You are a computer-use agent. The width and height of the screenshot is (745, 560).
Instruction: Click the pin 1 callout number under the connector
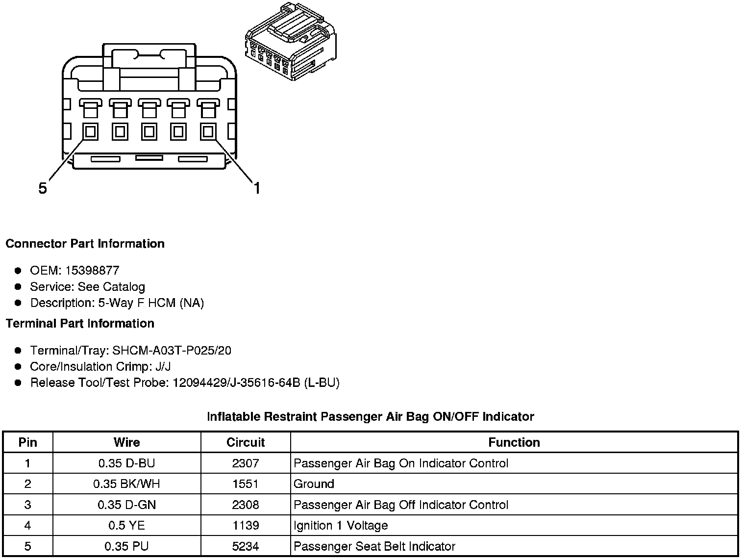tap(256, 188)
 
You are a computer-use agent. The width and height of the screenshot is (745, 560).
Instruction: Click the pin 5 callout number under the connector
tap(43, 188)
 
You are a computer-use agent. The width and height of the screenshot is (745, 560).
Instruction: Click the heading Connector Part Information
tap(85, 244)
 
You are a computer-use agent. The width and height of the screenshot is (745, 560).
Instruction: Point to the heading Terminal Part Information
tap(80, 324)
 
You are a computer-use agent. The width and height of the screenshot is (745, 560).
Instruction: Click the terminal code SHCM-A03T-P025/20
tap(172, 351)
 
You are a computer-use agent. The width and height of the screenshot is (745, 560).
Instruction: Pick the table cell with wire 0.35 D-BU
tap(126, 463)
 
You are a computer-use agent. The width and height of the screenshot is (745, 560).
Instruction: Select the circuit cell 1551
tap(245, 484)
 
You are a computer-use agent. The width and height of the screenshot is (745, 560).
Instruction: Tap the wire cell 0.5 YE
tap(126, 526)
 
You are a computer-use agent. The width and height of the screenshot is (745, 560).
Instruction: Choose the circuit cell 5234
tap(245, 546)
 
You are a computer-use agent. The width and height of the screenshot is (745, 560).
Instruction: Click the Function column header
tap(514, 442)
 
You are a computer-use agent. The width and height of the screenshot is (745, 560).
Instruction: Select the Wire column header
tap(126, 442)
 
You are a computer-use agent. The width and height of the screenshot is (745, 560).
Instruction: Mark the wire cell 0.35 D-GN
tap(126, 505)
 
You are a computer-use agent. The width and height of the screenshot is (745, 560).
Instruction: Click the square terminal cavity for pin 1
tap(208, 131)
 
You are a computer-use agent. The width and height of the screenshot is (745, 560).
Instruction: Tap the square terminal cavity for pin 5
tap(90, 131)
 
